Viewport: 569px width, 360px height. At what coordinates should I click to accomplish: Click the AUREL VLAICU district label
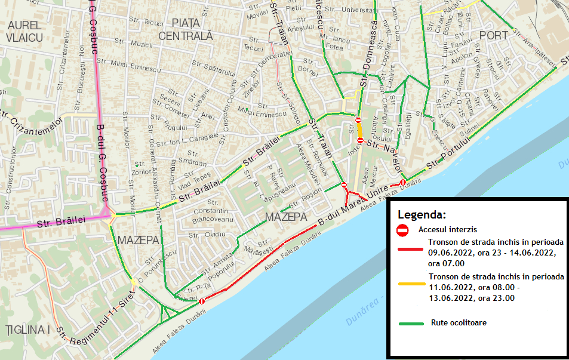point(24,31)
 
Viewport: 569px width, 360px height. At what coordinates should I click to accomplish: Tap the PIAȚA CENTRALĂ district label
point(186,29)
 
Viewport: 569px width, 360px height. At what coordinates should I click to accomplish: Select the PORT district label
point(493,35)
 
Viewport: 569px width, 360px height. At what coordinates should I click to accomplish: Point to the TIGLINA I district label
point(27,330)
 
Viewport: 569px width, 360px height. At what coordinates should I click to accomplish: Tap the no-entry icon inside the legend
point(403,229)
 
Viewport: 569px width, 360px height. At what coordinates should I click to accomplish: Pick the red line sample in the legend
point(411,247)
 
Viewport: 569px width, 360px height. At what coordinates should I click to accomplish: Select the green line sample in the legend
point(411,322)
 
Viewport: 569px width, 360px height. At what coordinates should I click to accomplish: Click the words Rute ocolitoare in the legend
point(459,322)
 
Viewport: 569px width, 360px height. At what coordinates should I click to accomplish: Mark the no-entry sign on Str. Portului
point(403,182)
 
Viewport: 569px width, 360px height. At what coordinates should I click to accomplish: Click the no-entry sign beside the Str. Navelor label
point(360,140)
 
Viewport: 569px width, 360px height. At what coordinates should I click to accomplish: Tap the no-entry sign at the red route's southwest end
point(202,302)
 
